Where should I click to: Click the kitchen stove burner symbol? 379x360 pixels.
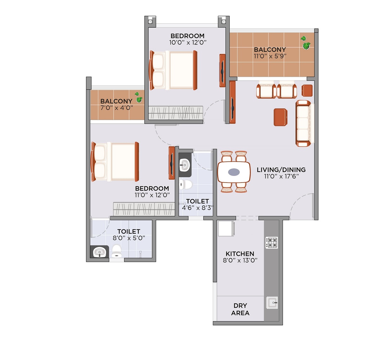pos(272,243)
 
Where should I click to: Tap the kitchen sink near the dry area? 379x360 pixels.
pos(272,303)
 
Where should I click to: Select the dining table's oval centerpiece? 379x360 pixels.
pos(234,172)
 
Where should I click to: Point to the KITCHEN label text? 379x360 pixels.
pos(240,254)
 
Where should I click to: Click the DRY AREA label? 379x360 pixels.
pos(240,309)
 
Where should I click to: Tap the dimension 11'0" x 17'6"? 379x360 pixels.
pos(281,176)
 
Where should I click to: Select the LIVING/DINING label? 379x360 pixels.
pos(281,170)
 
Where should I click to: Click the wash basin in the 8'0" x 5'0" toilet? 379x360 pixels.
pos(99,252)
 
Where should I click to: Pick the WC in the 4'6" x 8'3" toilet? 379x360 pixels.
pos(186,184)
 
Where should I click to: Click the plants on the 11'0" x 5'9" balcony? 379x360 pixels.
pos(305,43)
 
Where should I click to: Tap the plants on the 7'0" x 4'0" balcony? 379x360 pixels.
pos(138,97)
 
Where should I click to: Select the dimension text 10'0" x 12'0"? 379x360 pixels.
pos(188,42)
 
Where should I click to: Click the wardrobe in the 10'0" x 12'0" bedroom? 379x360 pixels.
pos(176,113)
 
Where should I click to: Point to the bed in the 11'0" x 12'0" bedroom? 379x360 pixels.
pos(115,162)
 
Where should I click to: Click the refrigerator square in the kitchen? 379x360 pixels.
pos(226,229)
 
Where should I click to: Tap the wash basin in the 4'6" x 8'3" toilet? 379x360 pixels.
pos(185,165)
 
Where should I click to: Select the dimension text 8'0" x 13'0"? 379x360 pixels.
pos(240,261)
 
